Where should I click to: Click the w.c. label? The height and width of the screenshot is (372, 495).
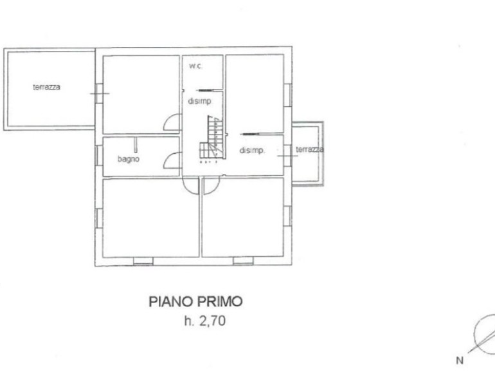pos(195,66)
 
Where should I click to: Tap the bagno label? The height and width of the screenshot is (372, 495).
pos(129,159)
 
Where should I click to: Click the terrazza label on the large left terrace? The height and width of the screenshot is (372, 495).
pos(46,87)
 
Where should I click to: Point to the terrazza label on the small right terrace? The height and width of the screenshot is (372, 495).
pos(310,149)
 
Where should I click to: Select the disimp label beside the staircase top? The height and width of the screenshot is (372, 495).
pos(199,101)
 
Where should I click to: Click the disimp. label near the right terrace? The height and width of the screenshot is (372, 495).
pos(252,151)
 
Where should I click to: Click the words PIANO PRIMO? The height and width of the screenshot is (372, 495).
pos(195,301)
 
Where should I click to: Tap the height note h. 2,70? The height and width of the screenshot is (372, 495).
pos(205,321)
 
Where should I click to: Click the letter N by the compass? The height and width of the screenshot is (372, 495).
pos(460,360)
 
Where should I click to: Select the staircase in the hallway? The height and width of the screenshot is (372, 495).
pos(213,138)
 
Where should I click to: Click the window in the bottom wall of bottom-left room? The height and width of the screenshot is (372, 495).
pos(143,261)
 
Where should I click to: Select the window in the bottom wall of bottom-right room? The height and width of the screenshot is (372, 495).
pos(243,261)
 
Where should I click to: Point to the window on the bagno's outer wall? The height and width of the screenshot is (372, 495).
pos(99,155)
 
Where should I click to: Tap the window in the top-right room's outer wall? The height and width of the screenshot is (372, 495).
pos(287,95)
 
